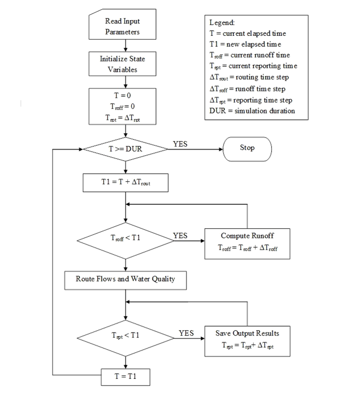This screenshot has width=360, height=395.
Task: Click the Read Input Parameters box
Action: [x=122, y=27]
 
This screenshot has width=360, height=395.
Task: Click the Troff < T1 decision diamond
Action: [x=126, y=240]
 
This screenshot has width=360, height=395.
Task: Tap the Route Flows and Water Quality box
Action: [x=126, y=279]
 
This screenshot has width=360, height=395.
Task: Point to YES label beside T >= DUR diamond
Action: [x=180, y=143]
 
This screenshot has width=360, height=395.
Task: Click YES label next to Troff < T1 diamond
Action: [x=180, y=236]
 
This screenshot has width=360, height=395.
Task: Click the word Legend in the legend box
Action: [x=222, y=23]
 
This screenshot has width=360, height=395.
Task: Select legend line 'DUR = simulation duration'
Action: [x=252, y=111]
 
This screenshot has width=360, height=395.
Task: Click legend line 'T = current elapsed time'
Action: [x=248, y=34]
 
